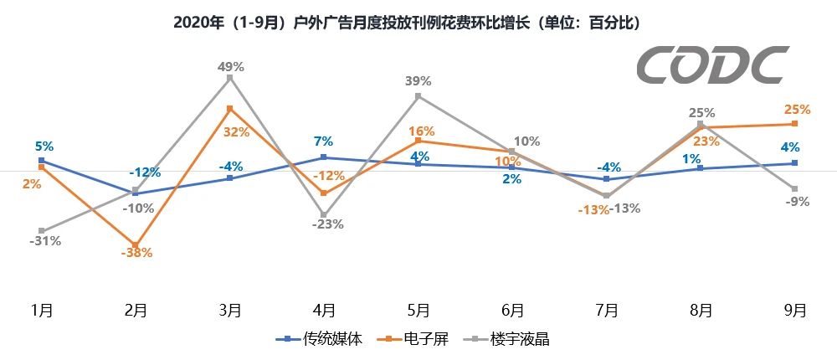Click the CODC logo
[712, 65]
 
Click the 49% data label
[230, 66]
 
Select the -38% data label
[136, 253]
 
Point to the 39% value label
[418, 81]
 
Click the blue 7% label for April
[324, 141]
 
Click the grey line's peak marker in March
[230, 78]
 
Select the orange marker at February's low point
[136, 244]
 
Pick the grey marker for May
[418, 96]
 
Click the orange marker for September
[794, 124]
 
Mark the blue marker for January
[42, 160]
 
